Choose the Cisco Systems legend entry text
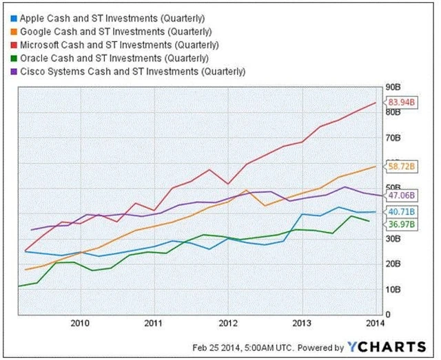132,72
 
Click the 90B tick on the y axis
393,87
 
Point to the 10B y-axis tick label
393,289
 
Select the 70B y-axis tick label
393,138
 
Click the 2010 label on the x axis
80,322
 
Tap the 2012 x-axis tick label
228,322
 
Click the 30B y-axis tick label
393,239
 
